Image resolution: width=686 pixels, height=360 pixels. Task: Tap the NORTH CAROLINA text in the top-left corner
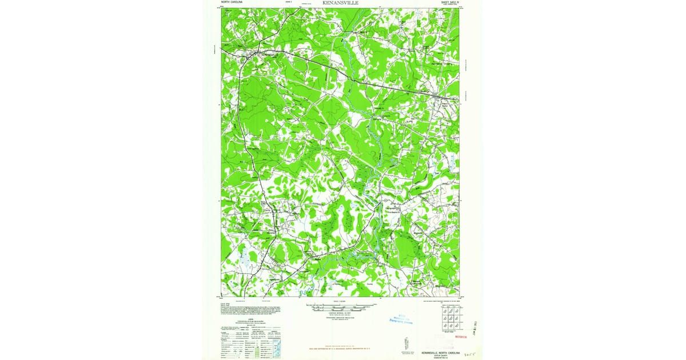pyautogui.click(x=232, y=2)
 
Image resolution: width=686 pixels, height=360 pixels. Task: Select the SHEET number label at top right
pyautogui.click(x=450, y=2)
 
